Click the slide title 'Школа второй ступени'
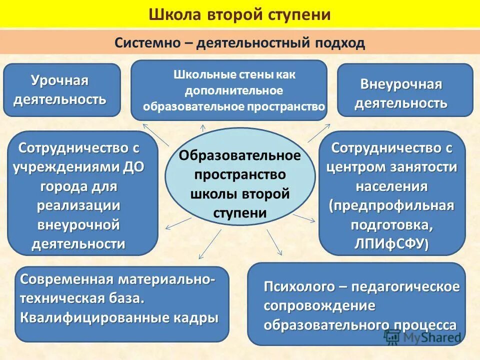[x=239, y=14]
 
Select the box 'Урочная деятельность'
[x=62, y=90]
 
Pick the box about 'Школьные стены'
[x=229, y=90]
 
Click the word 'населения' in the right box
[x=392, y=186]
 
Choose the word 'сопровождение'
[x=319, y=305]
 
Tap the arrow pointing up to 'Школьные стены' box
[x=203, y=128]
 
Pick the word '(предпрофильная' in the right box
[x=392, y=205]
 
